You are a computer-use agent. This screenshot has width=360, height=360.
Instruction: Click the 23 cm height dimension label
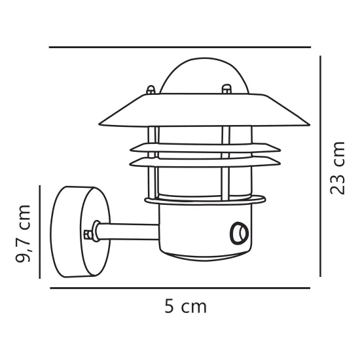338,168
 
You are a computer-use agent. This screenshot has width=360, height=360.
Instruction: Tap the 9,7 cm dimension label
23,234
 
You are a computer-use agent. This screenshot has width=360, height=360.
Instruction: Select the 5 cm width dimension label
186,306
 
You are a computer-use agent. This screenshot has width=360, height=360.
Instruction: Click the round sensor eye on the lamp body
239,233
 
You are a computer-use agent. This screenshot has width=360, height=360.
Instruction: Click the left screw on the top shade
151,90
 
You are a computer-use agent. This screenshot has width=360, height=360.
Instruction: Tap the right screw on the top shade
226,88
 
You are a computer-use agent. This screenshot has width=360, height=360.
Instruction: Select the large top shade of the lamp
204,110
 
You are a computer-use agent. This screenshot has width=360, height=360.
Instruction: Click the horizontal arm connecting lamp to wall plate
128,232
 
